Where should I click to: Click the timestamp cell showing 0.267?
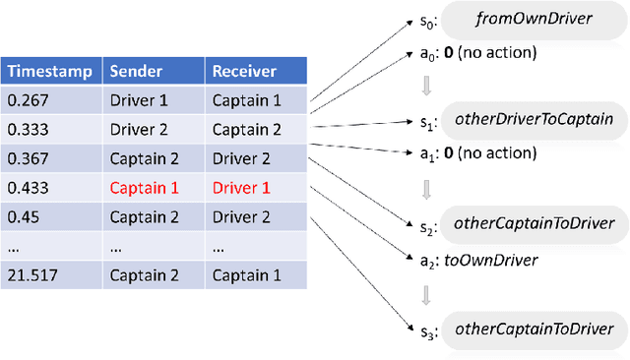pos(27,99)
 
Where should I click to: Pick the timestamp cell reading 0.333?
pos(27,129)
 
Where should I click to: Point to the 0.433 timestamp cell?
pos(27,187)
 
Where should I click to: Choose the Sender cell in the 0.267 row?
pos(137,99)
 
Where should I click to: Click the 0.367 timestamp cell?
pos(27,157)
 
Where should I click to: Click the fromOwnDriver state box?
pos(532,18)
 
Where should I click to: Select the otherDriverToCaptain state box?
pos(534,119)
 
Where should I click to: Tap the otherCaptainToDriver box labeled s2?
pos(534,223)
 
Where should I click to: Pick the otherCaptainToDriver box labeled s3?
pos(534,329)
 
